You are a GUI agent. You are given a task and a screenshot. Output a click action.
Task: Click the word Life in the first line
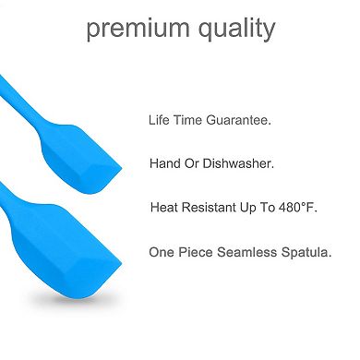click(x=160, y=120)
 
